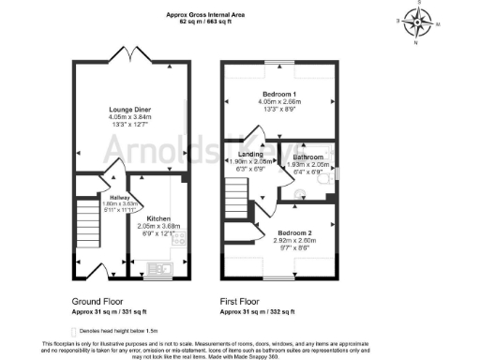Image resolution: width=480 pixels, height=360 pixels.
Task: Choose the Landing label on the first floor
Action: click(251, 154)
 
